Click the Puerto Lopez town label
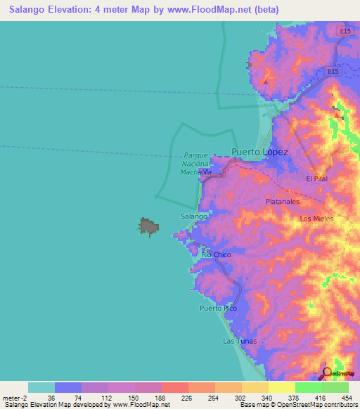(x=259, y=152)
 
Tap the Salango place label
(x=193, y=216)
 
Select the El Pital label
(x=317, y=178)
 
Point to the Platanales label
(x=283, y=201)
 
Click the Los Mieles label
(x=316, y=219)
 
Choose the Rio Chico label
(x=216, y=254)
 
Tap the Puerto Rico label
(x=218, y=309)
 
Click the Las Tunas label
(x=239, y=341)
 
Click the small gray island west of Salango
(x=148, y=226)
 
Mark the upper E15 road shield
(x=344, y=32)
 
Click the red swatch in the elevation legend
(x=174, y=387)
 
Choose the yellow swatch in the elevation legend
(x=281, y=387)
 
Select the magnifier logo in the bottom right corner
(x=328, y=373)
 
